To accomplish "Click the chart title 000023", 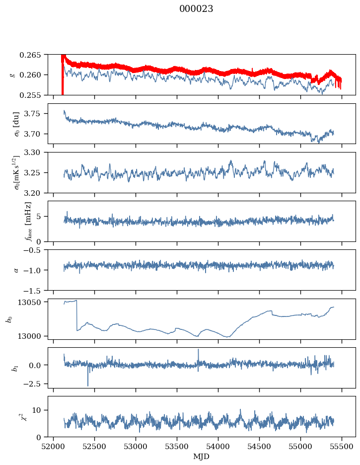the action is (196, 8).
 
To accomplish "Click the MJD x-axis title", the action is (201, 457).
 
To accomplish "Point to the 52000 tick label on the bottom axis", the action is (53, 447).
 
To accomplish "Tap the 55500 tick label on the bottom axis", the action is (342, 447).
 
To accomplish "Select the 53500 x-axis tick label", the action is (177, 447).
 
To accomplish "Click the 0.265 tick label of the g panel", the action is (30, 55).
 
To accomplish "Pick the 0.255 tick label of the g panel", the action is (30, 95).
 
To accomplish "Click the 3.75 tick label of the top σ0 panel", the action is (34, 114).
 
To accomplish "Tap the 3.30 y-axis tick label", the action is (34, 153).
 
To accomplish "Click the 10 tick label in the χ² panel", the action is (36, 410).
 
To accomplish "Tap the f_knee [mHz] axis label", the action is (28, 221).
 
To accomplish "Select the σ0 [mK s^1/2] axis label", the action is (17, 172).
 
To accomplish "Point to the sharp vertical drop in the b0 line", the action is (77, 315).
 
